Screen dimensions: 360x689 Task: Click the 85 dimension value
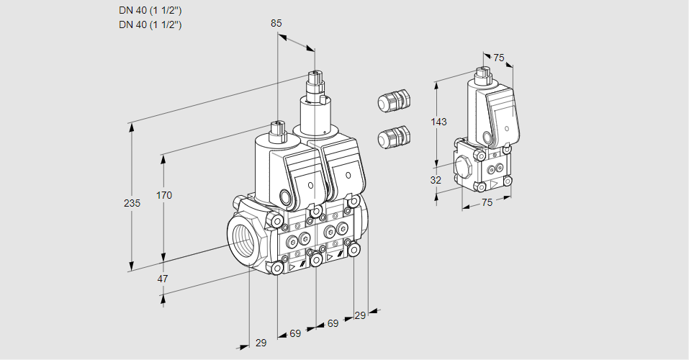[x=276, y=23]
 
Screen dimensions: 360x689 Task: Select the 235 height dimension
[x=132, y=203]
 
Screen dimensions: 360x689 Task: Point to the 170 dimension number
[x=164, y=195]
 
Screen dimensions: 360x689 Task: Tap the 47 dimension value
[x=163, y=279]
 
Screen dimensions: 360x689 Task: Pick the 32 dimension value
[x=436, y=180]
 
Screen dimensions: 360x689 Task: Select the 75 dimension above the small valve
[x=500, y=58]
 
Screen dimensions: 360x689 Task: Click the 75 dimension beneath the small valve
[x=487, y=202]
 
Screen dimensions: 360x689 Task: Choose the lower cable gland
[x=393, y=136]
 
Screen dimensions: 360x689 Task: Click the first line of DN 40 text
[x=150, y=11]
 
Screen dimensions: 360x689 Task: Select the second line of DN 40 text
[x=150, y=24]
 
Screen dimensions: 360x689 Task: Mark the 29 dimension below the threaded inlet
[x=261, y=343]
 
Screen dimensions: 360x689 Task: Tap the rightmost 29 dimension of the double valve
[x=361, y=316]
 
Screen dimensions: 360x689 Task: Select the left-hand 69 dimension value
[x=295, y=333]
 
